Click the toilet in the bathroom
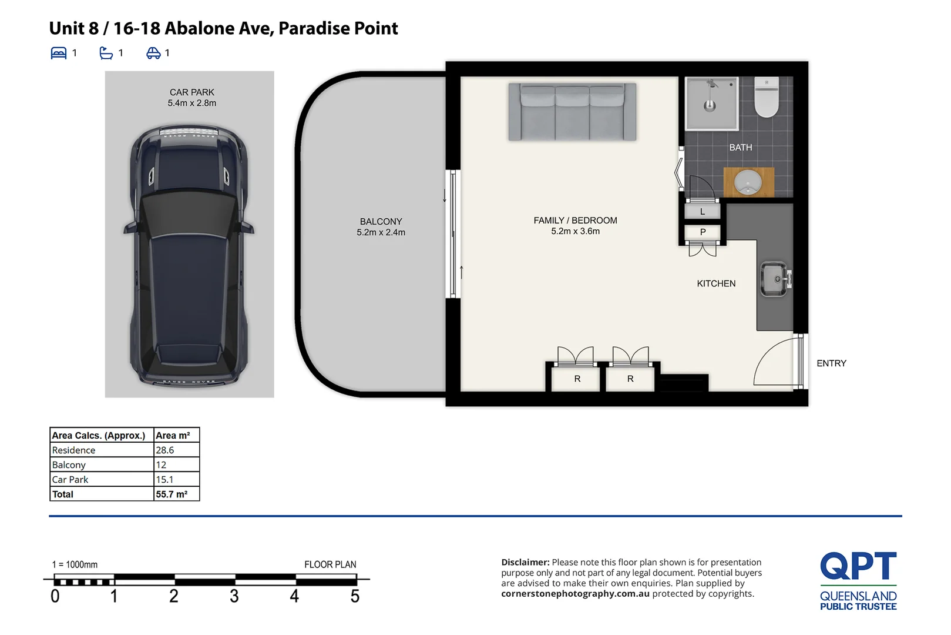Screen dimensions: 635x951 (766, 97)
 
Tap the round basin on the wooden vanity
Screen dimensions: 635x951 (748, 182)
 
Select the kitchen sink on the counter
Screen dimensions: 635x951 (775, 280)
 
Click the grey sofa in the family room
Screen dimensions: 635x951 (572, 112)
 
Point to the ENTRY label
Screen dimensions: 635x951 (831, 363)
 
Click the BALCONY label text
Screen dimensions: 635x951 (381, 222)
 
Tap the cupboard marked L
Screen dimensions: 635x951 (702, 212)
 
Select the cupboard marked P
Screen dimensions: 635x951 (703, 232)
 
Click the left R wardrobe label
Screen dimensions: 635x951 (577, 379)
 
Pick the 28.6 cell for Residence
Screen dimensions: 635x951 (165, 450)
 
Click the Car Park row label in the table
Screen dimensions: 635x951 (70, 480)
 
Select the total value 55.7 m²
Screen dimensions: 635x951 (172, 494)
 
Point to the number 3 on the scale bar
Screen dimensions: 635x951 (234, 596)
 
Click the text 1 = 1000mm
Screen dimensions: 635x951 (75, 564)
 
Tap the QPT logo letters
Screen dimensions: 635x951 (858, 566)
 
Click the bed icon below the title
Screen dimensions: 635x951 (59, 54)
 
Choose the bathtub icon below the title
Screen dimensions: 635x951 (106, 54)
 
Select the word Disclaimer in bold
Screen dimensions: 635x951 (525, 563)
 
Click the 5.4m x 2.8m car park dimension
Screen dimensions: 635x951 (191, 103)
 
